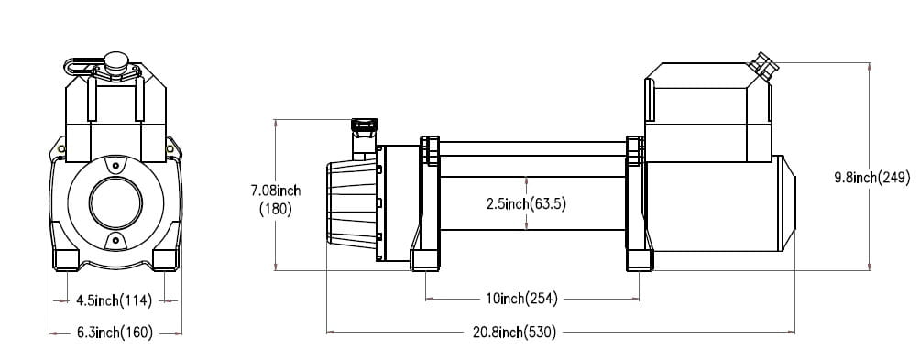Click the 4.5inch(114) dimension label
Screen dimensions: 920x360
pyautogui.click(x=114, y=301)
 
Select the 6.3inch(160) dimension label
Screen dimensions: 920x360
pyautogui.click(x=115, y=333)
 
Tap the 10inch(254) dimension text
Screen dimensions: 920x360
pyautogui.click(x=521, y=299)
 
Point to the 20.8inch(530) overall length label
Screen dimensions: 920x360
pyautogui.click(x=514, y=333)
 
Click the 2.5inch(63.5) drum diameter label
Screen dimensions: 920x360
pyautogui.click(x=526, y=204)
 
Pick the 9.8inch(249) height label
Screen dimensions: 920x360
pyautogui.click(x=872, y=178)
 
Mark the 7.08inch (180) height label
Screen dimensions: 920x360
pyautogui.click(x=276, y=200)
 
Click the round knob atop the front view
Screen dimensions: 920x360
pyautogui.click(x=115, y=60)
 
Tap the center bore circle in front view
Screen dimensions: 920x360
pyautogui.click(x=115, y=203)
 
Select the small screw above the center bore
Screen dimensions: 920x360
pyautogui.click(x=115, y=166)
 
